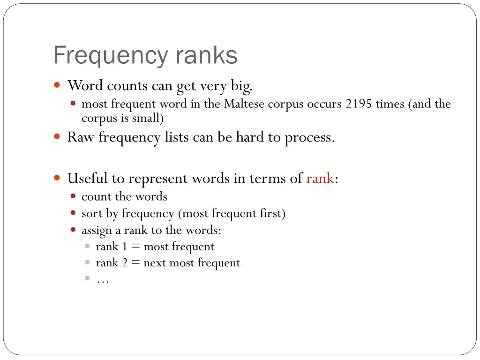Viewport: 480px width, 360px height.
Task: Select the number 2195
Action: (358, 104)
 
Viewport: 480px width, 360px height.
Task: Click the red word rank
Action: (320, 179)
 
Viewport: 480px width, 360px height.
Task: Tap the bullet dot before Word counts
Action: (57, 85)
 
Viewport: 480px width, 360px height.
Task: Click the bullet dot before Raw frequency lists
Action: (57, 137)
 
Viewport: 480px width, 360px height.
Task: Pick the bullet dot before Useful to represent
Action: (57, 178)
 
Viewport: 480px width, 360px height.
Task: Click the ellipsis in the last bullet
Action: (102, 280)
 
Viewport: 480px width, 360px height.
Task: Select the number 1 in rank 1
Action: (125, 247)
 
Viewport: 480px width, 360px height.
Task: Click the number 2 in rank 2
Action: (125, 263)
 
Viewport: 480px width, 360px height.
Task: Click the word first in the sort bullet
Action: (271, 214)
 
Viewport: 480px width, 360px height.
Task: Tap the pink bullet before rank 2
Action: (87, 262)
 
